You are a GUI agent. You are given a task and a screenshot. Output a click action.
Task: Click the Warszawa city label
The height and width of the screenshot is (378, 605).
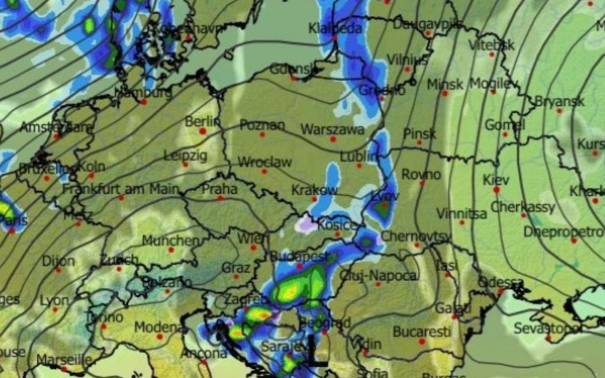pyautogui.click(x=332, y=129)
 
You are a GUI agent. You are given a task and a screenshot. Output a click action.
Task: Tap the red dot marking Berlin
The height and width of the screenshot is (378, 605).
pyautogui.click(x=203, y=131)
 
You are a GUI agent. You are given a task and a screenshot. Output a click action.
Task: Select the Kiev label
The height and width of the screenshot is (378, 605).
pyautogui.click(x=496, y=180)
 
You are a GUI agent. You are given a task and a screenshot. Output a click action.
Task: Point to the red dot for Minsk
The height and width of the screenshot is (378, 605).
pyautogui.click(x=445, y=94)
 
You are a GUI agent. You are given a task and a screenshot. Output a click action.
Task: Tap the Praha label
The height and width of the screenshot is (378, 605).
pyautogui.click(x=219, y=189)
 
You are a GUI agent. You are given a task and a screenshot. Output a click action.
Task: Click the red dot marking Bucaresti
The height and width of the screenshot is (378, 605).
pyautogui.click(x=422, y=341)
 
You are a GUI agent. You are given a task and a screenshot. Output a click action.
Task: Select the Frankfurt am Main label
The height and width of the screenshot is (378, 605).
pyautogui.click(x=121, y=189)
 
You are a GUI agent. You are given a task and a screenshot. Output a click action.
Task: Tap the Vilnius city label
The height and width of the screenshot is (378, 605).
pyautogui.click(x=407, y=60)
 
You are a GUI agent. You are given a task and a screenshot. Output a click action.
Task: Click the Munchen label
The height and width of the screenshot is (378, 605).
pyautogui.click(x=171, y=241)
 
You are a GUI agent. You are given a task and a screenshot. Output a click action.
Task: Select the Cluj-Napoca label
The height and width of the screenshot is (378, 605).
pyautogui.click(x=379, y=275)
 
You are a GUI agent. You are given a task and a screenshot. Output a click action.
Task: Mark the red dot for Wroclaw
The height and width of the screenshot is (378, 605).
pyautogui.click(x=264, y=172)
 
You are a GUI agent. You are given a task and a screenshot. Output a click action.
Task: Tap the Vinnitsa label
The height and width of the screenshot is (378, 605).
pyautogui.click(x=461, y=214)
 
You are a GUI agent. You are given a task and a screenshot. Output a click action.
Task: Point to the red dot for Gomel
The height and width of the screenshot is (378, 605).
pyautogui.click(x=505, y=135)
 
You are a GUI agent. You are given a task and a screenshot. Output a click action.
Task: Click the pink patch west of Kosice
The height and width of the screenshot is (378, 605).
pyautogui.click(x=306, y=224)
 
